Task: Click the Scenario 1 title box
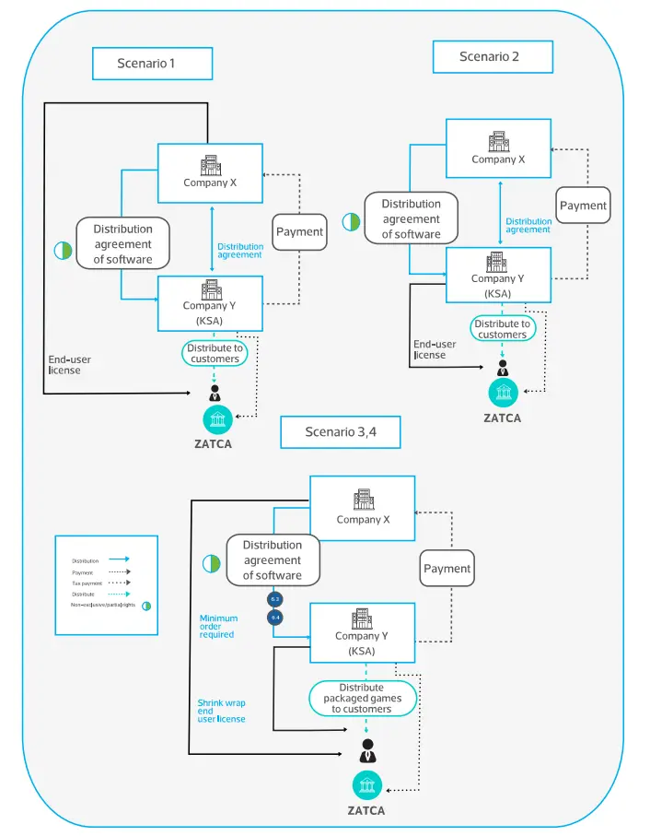point(152,64)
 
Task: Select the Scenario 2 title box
point(493,57)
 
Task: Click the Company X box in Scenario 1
point(210,172)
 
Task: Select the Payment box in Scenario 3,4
point(447,569)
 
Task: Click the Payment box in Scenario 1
point(299,231)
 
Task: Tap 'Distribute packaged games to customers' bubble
point(363,699)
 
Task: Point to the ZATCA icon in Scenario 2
point(503,393)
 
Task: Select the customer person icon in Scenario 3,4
point(368,749)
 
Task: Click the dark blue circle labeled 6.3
point(274,599)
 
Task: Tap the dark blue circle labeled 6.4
point(274,617)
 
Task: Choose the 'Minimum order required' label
point(219,627)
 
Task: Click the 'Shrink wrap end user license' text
point(221,711)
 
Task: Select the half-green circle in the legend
point(145,605)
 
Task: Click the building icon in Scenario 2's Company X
point(498,142)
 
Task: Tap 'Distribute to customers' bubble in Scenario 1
point(215,353)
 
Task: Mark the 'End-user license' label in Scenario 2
point(430,349)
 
